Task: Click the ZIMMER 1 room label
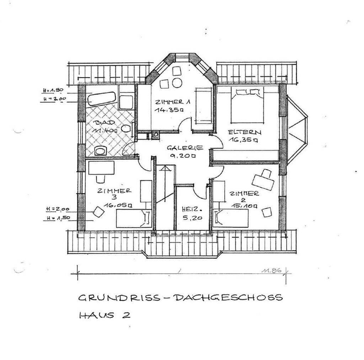[172, 102]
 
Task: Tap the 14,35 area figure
[168, 110]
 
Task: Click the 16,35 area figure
[244, 140]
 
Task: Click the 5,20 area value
[188, 218]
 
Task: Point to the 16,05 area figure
[118, 205]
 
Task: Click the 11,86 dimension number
[272, 270]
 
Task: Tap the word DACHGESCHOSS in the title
[227, 297]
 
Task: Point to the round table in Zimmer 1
[177, 83]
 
